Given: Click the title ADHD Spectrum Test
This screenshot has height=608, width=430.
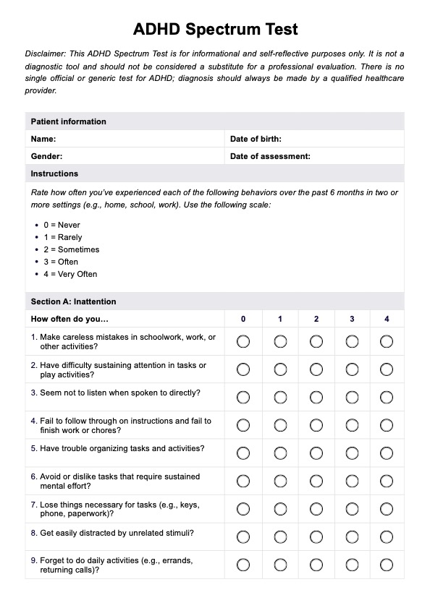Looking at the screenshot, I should tap(215, 30).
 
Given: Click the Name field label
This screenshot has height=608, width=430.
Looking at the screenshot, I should tap(43, 139).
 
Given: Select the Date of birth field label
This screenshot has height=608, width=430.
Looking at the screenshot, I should tap(256, 139).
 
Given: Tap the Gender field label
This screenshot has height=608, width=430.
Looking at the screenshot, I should tap(46, 156).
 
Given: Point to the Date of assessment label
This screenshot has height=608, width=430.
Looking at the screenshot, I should tap(270, 156).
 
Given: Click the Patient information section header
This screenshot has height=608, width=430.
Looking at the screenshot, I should tap(68, 121).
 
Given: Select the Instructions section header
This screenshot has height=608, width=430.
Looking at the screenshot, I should tap(54, 174).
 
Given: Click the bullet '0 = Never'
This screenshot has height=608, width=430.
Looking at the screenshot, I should tap(62, 225).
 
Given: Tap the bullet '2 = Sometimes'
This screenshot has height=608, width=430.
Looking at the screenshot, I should tap(71, 249).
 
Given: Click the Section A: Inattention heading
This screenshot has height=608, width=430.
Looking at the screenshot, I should tap(73, 301).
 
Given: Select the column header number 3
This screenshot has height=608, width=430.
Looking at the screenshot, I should tap(352, 319).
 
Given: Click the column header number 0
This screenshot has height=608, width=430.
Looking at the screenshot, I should tap(243, 319).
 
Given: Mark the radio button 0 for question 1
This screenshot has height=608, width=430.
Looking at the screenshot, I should tap(243, 341).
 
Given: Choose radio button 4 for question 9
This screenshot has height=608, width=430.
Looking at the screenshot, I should tap(387, 565).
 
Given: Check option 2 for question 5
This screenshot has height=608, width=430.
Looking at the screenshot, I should tap(316, 453).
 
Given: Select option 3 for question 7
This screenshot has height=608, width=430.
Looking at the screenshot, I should tap(352, 509).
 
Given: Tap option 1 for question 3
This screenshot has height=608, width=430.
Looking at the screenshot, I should tap(280, 397).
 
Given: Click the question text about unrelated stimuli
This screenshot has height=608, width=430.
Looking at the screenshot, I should tap(111, 533).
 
